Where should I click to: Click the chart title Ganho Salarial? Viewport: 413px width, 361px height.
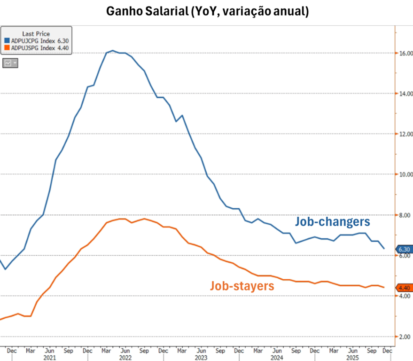point(207,11)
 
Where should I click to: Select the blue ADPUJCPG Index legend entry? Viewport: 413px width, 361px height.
point(36,40)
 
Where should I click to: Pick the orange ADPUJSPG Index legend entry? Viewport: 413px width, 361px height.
point(36,47)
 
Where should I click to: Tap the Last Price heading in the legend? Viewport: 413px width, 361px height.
point(36,34)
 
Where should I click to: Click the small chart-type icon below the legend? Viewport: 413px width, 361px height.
point(10,63)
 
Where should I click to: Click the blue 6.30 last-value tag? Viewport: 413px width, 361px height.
point(404,249)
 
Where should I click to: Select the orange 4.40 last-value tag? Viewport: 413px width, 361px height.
point(404,288)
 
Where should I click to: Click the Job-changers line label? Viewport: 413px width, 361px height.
point(332,221)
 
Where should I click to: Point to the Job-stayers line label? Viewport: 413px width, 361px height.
point(242,285)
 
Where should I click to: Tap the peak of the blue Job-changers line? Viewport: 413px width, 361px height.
point(113,50)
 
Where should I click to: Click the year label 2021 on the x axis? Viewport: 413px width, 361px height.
point(50,357)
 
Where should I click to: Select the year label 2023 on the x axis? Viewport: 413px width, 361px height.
point(201,357)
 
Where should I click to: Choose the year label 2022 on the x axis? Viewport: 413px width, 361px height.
point(125,357)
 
